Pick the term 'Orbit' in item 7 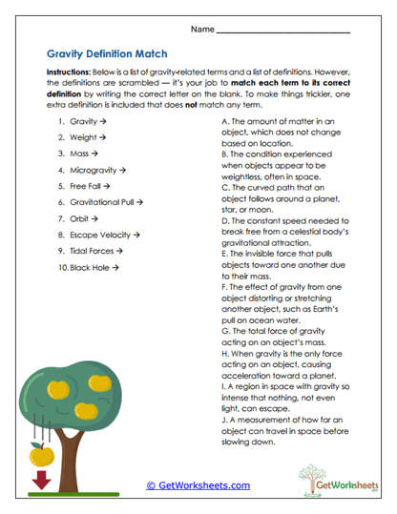(80, 218)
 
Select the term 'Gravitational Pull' (104, 202)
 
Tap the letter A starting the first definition (223, 123)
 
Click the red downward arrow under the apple (41, 481)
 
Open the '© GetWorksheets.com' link (198, 485)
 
